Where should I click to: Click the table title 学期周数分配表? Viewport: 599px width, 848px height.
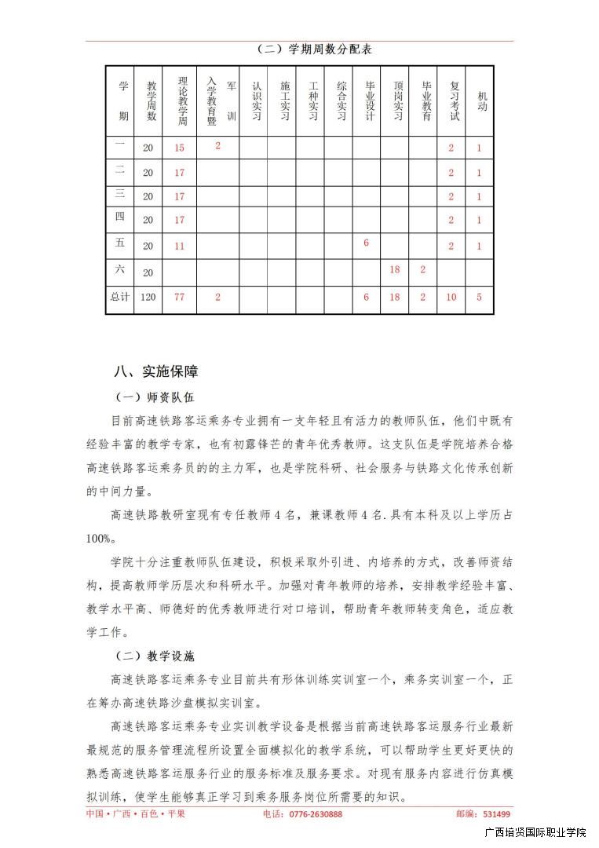pyautogui.click(x=314, y=49)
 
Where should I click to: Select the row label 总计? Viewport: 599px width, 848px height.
pyautogui.click(x=119, y=298)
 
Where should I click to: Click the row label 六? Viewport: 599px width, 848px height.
pyautogui.click(x=119, y=269)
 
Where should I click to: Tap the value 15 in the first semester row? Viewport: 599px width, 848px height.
pyautogui.click(x=180, y=148)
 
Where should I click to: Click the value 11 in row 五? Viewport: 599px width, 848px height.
pyautogui.click(x=180, y=246)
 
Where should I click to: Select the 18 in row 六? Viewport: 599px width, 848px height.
pyautogui.click(x=395, y=269)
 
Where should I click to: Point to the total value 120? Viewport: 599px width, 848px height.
pyautogui.click(x=148, y=298)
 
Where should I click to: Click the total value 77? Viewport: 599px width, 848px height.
pyautogui.click(x=180, y=298)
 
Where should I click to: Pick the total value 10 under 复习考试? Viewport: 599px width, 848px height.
pyautogui.click(x=451, y=298)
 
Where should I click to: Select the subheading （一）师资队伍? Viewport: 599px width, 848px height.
pyautogui.click(x=155, y=398)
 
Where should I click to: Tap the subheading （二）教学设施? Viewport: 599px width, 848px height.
pyautogui.click(x=155, y=655)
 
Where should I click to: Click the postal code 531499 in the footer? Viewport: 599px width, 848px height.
pyautogui.click(x=495, y=814)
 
